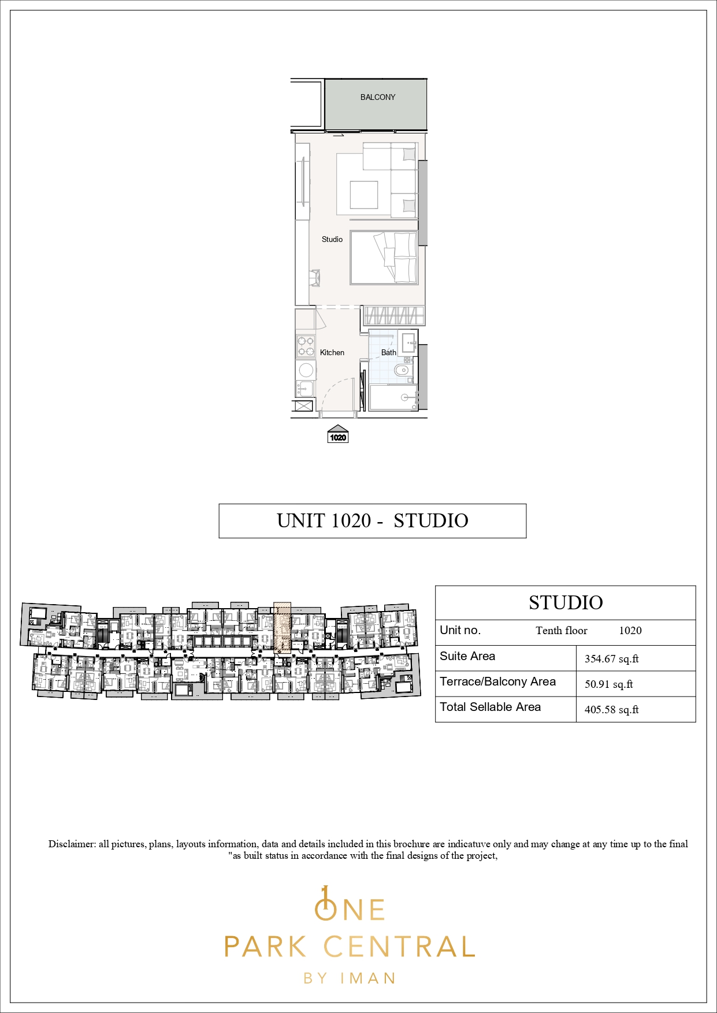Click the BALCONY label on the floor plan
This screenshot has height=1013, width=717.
pyautogui.click(x=378, y=97)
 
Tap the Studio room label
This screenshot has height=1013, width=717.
pyautogui.click(x=332, y=239)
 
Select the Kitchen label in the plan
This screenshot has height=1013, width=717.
pyautogui.click(x=332, y=352)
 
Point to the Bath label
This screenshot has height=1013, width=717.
pyautogui.click(x=389, y=352)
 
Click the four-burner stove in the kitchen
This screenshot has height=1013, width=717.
pyautogui.click(x=306, y=346)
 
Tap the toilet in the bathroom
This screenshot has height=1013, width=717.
pyautogui.click(x=402, y=370)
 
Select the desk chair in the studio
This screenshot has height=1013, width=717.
pyautogui.click(x=315, y=277)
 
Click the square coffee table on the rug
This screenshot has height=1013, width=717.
pyautogui.click(x=364, y=195)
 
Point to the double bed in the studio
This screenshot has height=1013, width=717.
pyautogui.click(x=384, y=258)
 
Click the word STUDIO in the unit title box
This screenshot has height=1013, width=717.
pyautogui.click(x=431, y=521)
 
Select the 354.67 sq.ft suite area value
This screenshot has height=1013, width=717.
pyautogui.click(x=612, y=659)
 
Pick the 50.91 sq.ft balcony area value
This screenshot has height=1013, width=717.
pyautogui.click(x=609, y=684)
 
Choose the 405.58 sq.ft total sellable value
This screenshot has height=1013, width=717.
pyautogui.click(x=612, y=710)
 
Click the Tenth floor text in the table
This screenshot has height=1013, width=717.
pyautogui.click(x=562, y=631)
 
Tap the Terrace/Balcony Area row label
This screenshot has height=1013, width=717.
pyautogui.click(x=498, y=681)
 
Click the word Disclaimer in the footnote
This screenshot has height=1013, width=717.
pyautogui.click(x=72, y=844)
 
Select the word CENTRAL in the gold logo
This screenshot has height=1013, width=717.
pyautogui.click(x=399, y=947)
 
